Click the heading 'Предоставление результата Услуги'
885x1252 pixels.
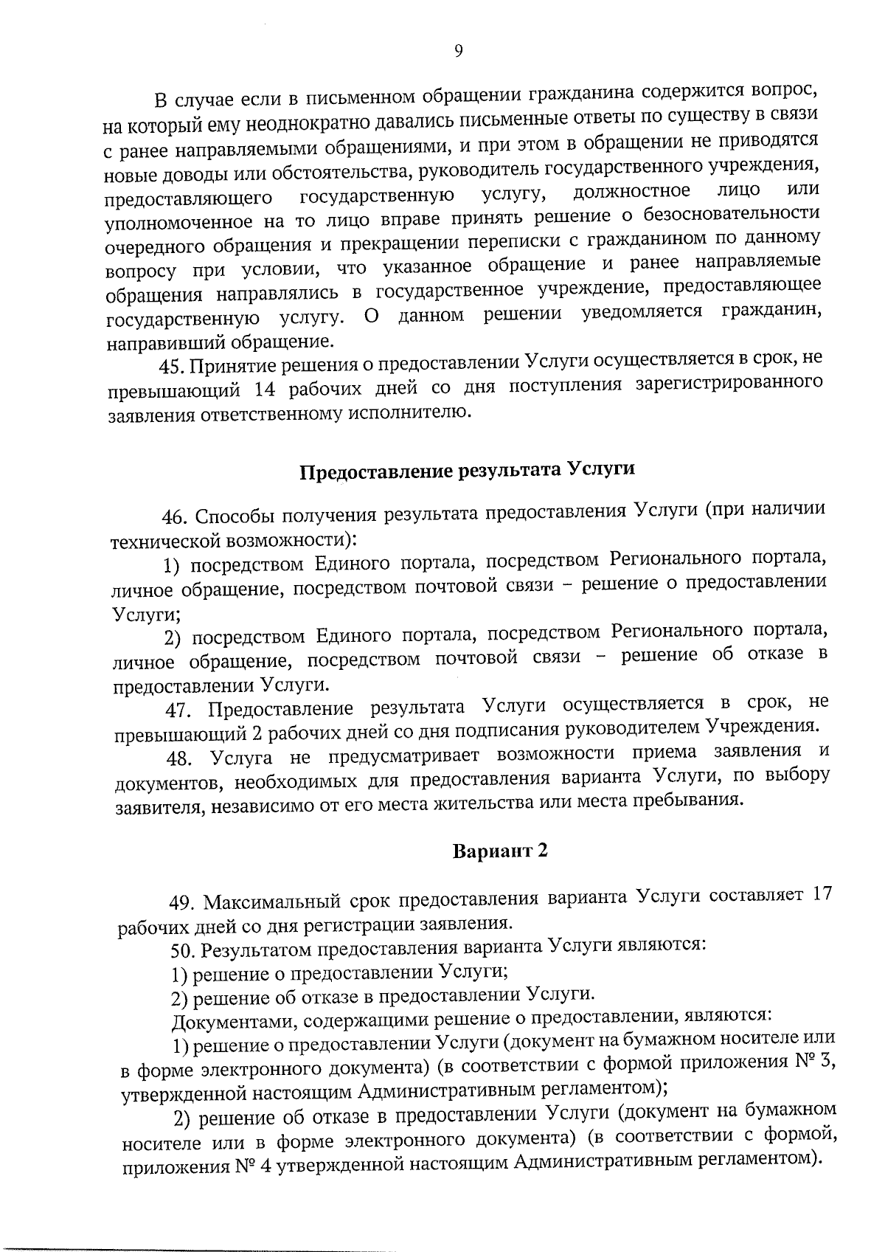(x=467, y=470)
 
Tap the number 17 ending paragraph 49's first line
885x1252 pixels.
(x=821, y=893)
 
